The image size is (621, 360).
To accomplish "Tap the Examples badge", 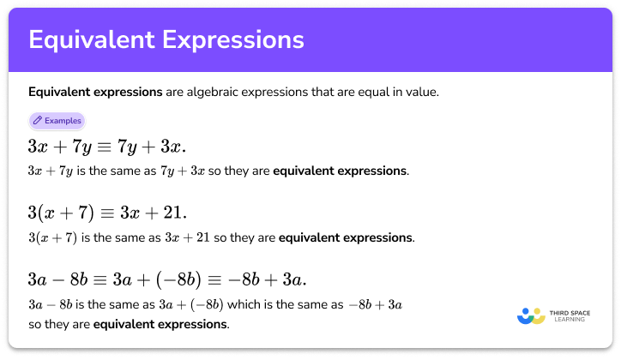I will pos(57,121).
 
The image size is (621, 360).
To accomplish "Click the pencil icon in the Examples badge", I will pos(38,121).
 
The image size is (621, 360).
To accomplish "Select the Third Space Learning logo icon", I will pos(531,315).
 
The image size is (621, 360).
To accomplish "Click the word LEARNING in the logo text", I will pos(570,321).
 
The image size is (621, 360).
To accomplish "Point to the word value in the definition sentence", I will pos(423,92).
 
